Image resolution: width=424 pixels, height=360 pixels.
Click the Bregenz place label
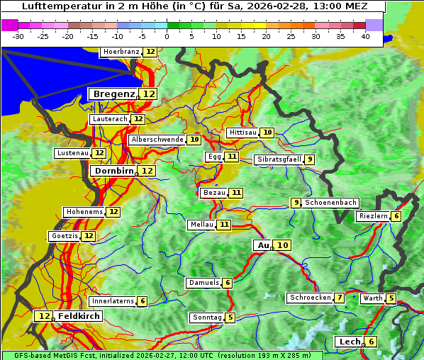coord(113,94)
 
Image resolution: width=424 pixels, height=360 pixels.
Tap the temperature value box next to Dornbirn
coord(147,171)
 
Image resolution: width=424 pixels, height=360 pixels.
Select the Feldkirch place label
coord(79,316)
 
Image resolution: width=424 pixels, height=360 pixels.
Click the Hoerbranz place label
coord(121,52)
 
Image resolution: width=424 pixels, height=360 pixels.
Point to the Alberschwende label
coord(157,140)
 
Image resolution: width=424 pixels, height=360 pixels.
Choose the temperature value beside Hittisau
coord(267,133)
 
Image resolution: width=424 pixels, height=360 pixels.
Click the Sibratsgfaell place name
coord(279,159)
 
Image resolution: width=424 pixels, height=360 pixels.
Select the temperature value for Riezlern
coord(396,216)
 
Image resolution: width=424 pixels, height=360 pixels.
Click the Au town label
coord(263,245)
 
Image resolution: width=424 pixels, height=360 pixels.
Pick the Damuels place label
coord(203,283)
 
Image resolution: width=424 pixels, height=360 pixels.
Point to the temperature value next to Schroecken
coord(340,298)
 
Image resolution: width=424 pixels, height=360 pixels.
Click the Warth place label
coord(372,298)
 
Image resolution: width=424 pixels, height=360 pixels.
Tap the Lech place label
coord(350,342)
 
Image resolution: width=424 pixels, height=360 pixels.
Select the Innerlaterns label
coord(113,301)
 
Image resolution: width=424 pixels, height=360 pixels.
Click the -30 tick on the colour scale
coord(18,35)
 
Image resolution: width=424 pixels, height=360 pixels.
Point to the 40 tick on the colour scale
coord(365,35)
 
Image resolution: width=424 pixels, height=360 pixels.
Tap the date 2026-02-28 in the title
coord(279,6)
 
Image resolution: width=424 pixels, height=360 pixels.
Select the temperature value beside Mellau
coord(224,225)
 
